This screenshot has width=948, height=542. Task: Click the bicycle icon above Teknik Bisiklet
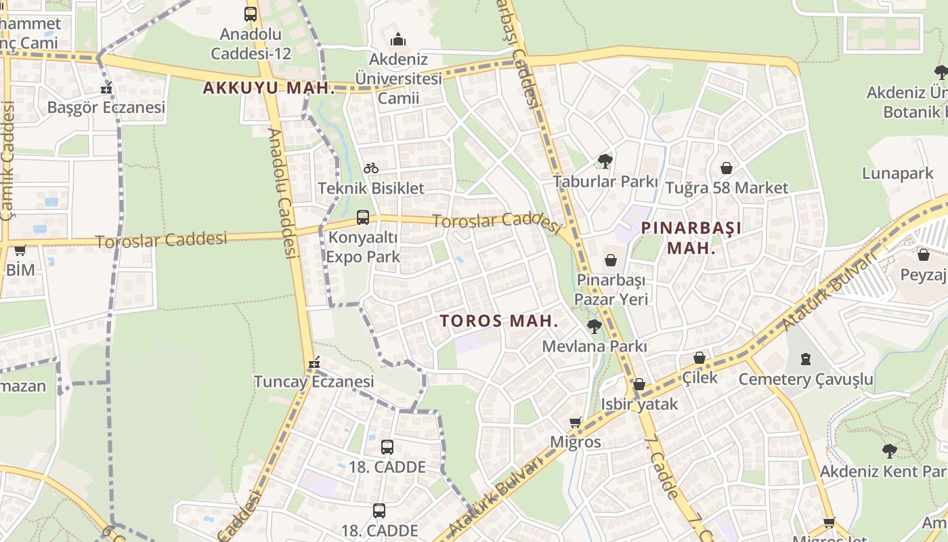[x=371, y=168]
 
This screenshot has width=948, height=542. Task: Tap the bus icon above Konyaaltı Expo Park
[x=363, y=217]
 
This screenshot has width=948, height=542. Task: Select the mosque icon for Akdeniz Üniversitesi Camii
[x=398, y=39]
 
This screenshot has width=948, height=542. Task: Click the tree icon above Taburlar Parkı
[x=605, y=161]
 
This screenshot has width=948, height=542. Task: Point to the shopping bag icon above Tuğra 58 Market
[x=727, y=168]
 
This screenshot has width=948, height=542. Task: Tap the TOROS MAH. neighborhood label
[x=499, y=321]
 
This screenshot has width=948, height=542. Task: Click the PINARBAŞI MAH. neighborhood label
[x=691, y=238]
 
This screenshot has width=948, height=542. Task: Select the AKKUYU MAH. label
[x=269, y=88]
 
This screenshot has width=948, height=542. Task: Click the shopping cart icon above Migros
[x=576, y=423]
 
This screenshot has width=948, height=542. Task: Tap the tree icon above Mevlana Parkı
[x=594, y=327]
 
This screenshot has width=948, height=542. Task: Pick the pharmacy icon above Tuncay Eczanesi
[x=314, y=363]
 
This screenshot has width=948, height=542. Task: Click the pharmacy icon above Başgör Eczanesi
[x=106, y=88]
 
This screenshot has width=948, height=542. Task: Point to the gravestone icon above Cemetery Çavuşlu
[x=806, y=359]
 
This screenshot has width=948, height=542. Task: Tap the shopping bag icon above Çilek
[x=699, y=358]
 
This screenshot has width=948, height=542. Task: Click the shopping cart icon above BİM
[x=20, y=250]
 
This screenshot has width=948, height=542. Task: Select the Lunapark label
[x=897, y=173]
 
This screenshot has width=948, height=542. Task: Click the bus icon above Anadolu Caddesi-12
[x=251, y=14]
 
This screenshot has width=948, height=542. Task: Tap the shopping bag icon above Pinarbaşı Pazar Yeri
[x=611, y=260]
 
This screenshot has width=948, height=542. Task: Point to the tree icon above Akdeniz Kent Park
[x=889, y=451]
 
